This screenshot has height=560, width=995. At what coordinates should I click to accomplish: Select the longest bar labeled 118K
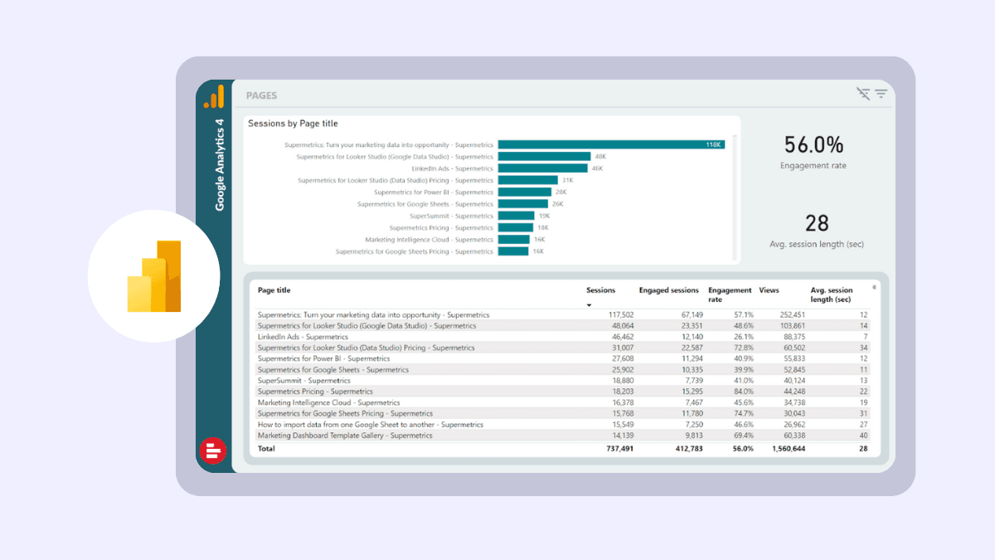point(611,144)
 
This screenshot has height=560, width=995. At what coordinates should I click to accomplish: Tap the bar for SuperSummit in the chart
point(517,216)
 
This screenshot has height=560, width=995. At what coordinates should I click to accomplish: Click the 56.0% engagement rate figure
point(813,145)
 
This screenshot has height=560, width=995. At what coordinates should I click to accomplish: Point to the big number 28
point(817,223)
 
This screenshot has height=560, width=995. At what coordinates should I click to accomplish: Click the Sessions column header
point(600,290)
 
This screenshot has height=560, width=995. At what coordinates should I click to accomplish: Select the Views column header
point(769,290)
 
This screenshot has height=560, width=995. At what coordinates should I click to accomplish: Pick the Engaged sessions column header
point(668,290)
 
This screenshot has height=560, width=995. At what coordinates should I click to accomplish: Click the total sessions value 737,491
point(616,449)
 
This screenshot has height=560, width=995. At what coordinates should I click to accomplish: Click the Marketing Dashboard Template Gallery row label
point(344,436)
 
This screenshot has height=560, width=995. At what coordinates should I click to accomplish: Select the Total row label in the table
point(266,449)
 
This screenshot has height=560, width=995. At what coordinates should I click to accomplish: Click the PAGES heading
point(261,96)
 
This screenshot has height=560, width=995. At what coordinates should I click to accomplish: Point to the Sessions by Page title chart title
point(293,124)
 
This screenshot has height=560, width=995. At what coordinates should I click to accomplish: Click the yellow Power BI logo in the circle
point(154,276)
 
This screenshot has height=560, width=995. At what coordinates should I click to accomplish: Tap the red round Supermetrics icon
point(213,450)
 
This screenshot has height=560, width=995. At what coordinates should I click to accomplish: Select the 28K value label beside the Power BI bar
point(561,192)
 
